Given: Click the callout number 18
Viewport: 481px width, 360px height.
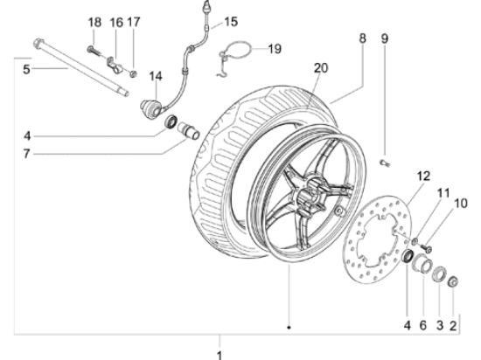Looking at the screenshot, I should (94, 21).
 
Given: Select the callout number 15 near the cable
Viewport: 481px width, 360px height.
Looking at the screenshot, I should (230, 21).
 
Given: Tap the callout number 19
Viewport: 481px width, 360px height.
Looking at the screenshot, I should (274, 49).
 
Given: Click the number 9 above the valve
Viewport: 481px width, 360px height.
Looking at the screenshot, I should (384, 39).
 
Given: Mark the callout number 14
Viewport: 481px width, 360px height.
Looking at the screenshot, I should (155, 77).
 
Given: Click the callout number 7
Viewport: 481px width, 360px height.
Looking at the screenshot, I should (27, 154).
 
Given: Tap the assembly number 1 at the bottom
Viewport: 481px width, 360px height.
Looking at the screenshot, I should (220, 354).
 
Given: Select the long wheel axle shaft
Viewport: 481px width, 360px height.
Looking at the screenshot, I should (79, 67).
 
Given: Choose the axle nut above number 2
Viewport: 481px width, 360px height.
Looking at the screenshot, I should (453, 281).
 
